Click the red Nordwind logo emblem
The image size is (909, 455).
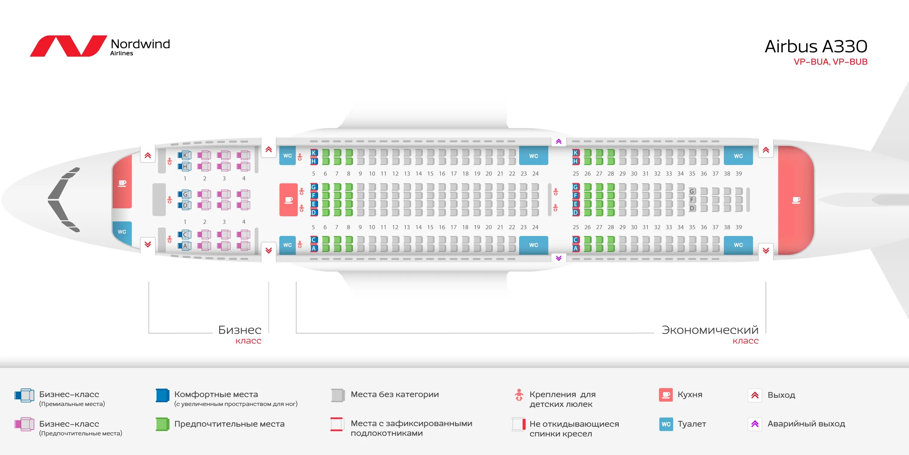coord(68,46)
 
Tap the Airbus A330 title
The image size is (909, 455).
coord(815,47)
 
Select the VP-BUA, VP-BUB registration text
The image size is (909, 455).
coord(830,62)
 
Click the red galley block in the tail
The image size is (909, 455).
coord(796,200)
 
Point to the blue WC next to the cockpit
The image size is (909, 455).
coord(122,232)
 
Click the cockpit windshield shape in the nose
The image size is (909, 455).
coord(64,200)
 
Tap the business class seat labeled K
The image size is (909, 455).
coord(185,155)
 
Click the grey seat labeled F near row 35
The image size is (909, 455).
coord(692,200)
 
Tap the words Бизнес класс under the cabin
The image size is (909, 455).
coord(240,334)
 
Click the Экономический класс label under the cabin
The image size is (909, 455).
coord(710,334)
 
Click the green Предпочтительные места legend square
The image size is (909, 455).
coord(162,424)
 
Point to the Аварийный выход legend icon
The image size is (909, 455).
coord(755,424)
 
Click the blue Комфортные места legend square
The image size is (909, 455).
coord(162,395)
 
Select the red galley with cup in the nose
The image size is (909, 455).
coord(122,183)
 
